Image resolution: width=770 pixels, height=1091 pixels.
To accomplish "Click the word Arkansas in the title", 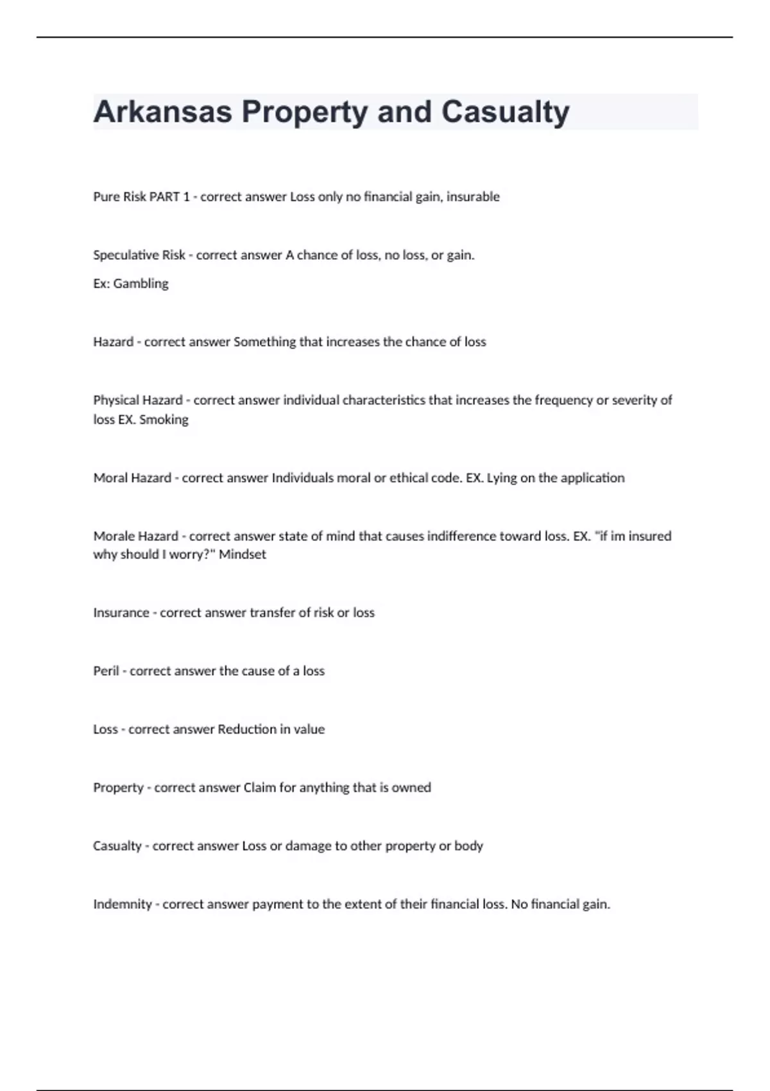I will tap(162, 112).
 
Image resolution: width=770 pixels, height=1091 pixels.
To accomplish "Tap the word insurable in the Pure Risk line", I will tap(473, 197).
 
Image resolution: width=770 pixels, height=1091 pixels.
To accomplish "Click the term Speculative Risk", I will tap(139, 255).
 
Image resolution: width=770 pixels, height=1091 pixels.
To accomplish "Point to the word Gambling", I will tap(141, 284).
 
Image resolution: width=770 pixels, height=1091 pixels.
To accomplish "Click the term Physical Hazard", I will tap(138, 400).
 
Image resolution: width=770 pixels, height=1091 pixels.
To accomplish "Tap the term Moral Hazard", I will tap(132, 478).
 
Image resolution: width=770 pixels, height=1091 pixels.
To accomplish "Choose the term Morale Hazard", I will tap(135, 537).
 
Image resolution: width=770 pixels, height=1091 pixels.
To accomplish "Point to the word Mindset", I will tap(242, 554).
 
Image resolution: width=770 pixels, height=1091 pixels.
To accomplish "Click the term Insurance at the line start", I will tap(121, 613).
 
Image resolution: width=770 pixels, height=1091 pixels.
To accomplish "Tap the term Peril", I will tap(107, 671).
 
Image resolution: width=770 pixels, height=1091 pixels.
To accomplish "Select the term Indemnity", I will tap(123, 905).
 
